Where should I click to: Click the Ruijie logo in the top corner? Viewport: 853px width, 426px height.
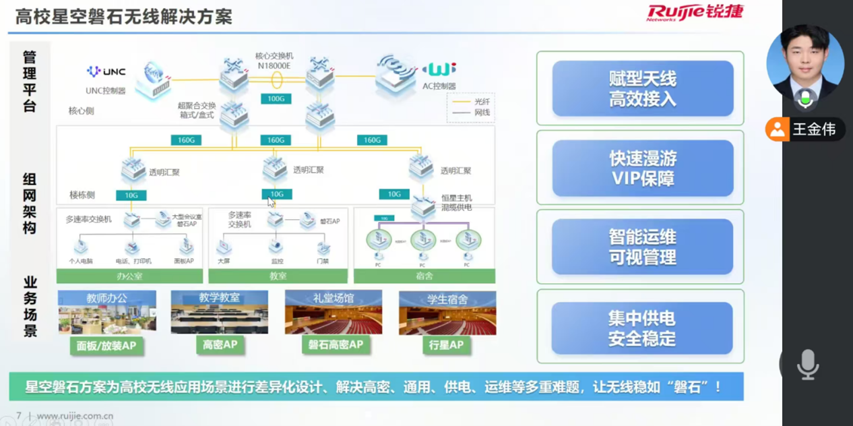[695, 12]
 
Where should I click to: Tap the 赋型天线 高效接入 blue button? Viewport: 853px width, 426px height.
[642, 89]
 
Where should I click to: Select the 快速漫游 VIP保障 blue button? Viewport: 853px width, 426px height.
[642, 169]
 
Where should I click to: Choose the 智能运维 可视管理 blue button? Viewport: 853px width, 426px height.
[642, 247]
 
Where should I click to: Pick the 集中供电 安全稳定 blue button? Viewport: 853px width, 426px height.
[642, 328]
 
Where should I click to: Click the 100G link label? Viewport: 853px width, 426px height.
[276, 99]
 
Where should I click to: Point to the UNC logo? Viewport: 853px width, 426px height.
[106, 71]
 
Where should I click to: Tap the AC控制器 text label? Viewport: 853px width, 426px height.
[439, 86]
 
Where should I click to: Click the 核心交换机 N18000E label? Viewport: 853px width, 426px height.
[274, 61]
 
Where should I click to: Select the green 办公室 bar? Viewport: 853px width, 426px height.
[129, 276]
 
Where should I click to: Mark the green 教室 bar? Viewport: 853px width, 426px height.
[278, 276]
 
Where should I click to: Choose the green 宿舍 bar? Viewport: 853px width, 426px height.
[424, 276]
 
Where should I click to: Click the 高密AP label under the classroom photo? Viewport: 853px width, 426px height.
[220, 344]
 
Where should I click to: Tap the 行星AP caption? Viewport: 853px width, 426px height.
[446, 345]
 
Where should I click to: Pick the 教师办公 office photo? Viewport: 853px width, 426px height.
[107, 313]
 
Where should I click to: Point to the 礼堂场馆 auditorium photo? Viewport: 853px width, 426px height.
[334, 313]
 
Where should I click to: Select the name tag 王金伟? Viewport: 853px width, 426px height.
[813, 129]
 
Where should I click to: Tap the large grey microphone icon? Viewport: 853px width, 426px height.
[807, 365]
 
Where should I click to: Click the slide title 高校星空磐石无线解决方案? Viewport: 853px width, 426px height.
[124, 17]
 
